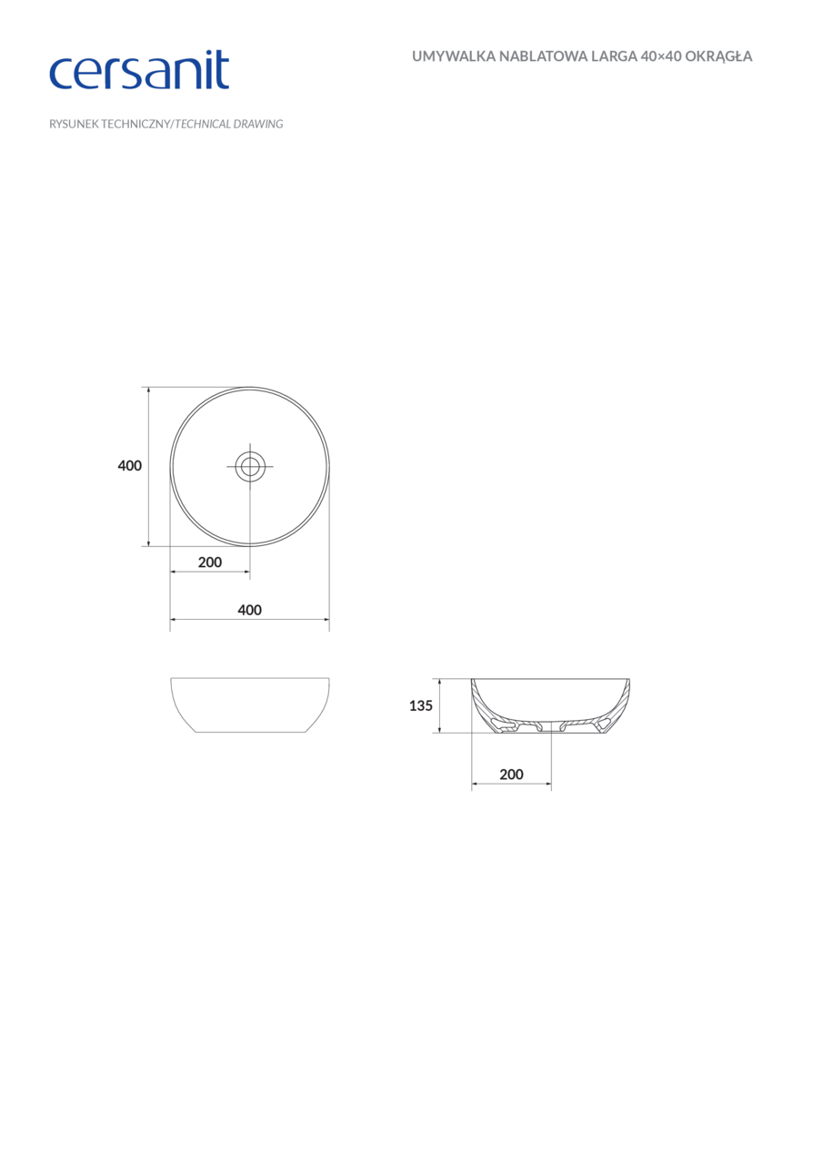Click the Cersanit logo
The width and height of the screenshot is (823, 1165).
[138, 70]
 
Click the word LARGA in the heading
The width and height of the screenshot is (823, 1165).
[612, 56]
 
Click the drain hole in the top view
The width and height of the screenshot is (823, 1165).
[249, 467]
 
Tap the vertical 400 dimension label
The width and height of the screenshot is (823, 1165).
[130, 466]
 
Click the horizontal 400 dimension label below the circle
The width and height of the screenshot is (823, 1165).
[249, 610]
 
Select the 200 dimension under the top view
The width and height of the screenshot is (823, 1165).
[210, 562]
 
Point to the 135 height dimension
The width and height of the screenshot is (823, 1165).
[420, 705]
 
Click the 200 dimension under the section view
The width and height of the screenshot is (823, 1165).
[511, 775]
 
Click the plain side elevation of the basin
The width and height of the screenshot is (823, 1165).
[249, 705]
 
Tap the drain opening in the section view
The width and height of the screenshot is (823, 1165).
[549, 727]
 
